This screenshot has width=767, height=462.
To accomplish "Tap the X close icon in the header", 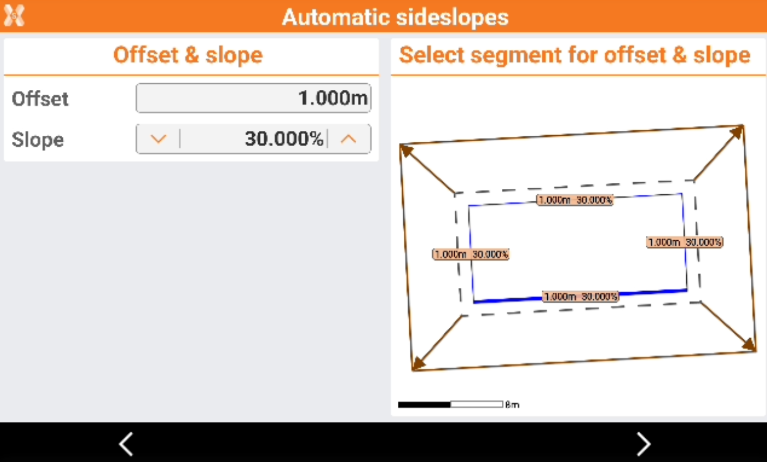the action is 14,15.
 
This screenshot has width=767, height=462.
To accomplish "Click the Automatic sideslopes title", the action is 396,17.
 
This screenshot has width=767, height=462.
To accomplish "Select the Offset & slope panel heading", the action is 188,55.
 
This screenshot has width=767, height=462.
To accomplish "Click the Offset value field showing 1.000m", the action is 253,98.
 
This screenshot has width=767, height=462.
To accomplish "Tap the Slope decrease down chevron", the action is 158,139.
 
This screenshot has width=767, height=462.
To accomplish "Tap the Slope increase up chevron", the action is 349,139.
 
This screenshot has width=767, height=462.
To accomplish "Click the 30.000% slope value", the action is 284,138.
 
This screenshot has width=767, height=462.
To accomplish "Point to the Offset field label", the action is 40,98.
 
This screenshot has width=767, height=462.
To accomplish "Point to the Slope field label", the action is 38,140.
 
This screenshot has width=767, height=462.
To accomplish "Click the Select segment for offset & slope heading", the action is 575,55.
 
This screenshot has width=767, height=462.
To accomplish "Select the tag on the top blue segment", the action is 575,200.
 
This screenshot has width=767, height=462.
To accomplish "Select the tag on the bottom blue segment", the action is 581,296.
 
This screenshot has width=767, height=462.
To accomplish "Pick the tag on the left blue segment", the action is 471,254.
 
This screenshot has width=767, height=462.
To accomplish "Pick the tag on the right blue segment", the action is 685,242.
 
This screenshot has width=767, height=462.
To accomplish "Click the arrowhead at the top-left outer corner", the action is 407,150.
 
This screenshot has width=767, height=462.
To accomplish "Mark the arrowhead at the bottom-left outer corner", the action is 419,364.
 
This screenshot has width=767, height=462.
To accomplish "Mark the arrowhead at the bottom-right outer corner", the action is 749,344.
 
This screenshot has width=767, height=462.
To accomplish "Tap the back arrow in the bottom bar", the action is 126,444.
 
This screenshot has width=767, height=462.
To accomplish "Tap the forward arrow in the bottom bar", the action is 644,444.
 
